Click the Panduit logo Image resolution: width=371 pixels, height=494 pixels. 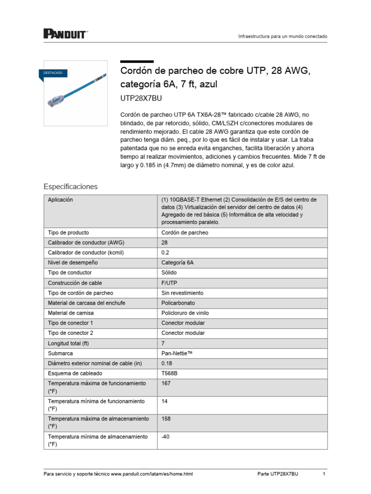[x=65, y=34]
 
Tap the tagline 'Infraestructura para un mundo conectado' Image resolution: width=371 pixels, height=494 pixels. [x=283, y=37]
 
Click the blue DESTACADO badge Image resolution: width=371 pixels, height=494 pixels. [x=53, y=73]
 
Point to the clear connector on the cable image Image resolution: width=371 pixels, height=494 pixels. [x=54, y=100]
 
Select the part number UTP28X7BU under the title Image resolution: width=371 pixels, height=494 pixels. [x=141, y=98]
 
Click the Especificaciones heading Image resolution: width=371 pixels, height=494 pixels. [x=71, y=186]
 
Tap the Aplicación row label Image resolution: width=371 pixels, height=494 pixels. [x=60, y=200]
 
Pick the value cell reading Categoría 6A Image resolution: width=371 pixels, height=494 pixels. [x=177, y=262]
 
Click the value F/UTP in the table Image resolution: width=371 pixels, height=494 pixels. [x=170, y=283]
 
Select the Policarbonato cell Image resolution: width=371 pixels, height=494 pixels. [x=178, y=303]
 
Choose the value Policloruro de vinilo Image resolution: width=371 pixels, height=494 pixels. [x=185, y=313]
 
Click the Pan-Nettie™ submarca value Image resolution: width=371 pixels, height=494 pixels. [x=177, y=353]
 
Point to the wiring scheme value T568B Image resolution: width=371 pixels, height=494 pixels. [x=170, y=373]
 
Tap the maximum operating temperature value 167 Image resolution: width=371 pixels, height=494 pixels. [x=166, y=384]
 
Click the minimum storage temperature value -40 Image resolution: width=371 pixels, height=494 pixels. [x=166, y=437]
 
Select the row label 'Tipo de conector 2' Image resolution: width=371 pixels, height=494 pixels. [x=71, y=333]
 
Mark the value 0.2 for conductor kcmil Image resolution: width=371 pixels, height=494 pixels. [x=165, y=252]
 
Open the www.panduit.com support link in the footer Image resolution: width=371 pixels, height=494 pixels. [x=152, y=474]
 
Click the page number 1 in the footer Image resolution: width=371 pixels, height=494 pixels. [x=324, y=474]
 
